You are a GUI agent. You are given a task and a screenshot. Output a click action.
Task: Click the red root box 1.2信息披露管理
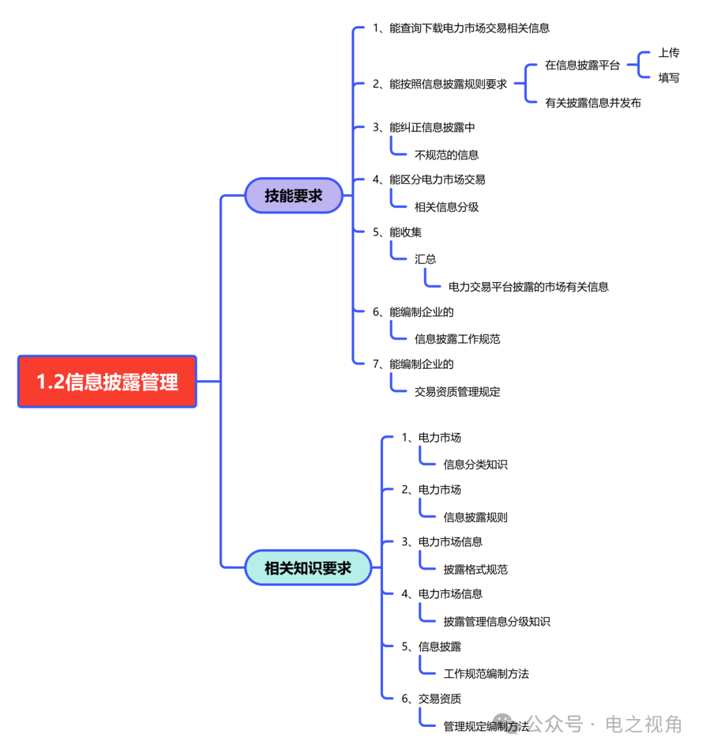coord(107,381)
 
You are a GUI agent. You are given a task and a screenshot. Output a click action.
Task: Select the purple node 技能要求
coord(294,196)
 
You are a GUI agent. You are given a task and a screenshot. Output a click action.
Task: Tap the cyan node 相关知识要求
coord(308,568)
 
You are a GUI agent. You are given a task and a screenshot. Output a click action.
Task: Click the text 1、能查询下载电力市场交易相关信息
coord(461,28)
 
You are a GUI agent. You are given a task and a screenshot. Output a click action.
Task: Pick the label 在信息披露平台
coord(582,65)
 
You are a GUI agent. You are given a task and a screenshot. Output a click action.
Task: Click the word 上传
coord(668,53)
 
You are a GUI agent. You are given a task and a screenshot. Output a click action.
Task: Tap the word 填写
coord(668,78)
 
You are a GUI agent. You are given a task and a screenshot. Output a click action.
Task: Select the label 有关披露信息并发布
coord(592,103)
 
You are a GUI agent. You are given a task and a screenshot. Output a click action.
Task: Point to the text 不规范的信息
coord(446,155)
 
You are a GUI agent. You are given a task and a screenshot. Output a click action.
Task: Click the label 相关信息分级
coord(446,207)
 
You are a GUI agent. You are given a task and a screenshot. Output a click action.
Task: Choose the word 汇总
coord(425,259)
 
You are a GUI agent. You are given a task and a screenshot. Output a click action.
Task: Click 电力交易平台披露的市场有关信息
coord(528,287)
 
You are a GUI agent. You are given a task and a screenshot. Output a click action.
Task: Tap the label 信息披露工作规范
coord(457,339)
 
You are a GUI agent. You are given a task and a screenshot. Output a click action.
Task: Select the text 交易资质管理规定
coord(457,392)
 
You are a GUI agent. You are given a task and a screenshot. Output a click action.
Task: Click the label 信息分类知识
coord(475,464)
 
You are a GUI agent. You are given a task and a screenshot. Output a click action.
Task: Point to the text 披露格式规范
coord(475,569)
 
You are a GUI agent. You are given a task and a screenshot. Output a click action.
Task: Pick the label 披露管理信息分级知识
coord(496,622)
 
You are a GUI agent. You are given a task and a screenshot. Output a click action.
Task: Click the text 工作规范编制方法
coord(486,674)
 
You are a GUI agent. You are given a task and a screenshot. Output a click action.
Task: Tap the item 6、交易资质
coord(431,699)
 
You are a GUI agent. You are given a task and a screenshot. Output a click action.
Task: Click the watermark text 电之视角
coord(643,724)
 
